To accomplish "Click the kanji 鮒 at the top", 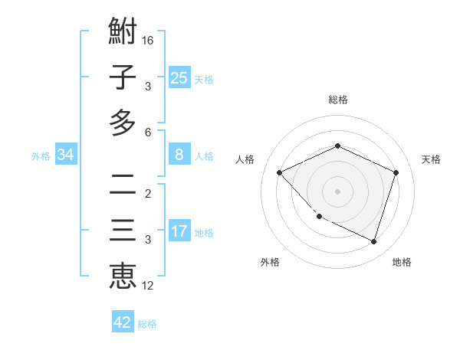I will [x=123, y=32].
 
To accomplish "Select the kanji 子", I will [x=123, y=77].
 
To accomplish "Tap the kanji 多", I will [x=123, y=123].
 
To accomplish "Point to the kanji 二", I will [x=123, y=184].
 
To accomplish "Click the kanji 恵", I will [x=123, y=276].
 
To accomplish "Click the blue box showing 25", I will [x=179, y=78].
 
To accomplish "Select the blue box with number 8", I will [x=179, y=155].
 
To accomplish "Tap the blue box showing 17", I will [x=179, y=231].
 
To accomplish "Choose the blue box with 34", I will [x=66, y=155].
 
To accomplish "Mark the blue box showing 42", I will [x=123, y=322].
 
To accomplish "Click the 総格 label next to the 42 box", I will [x=147, y=324].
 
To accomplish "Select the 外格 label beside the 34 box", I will [x=41, y=156].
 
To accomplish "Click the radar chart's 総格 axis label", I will [x=337, y=100].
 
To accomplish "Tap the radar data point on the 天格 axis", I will [x=396, y=172].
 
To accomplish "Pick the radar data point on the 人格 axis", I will [x=280, y=172].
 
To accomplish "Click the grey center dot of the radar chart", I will [x=337, y=191].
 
